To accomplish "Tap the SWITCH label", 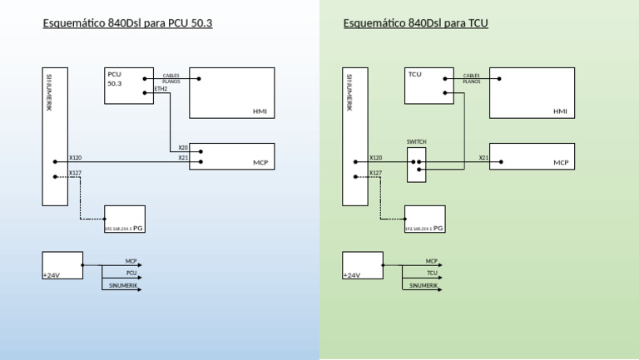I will pos(416,142).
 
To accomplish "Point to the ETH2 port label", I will pos(161,89).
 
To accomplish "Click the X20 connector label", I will pos(183,148).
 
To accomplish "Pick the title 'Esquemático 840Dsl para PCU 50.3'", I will pos(127,23).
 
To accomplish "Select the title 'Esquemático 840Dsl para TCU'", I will pos(415,23).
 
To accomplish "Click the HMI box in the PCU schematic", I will pos(232,93).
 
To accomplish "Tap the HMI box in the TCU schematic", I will pos(532,93).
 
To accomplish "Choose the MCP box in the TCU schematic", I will pos(532,156).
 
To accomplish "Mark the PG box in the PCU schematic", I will pos(124,219).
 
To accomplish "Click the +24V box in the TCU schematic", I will pos(362,265).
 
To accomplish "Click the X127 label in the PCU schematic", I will pos(75,173).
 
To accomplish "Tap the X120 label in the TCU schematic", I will pos(375,157).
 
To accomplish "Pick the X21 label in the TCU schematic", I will pos(483,157).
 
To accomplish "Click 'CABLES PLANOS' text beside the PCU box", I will pos(171,78).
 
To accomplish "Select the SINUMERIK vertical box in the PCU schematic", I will pos(55,136).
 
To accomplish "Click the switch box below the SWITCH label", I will pos(416,165).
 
